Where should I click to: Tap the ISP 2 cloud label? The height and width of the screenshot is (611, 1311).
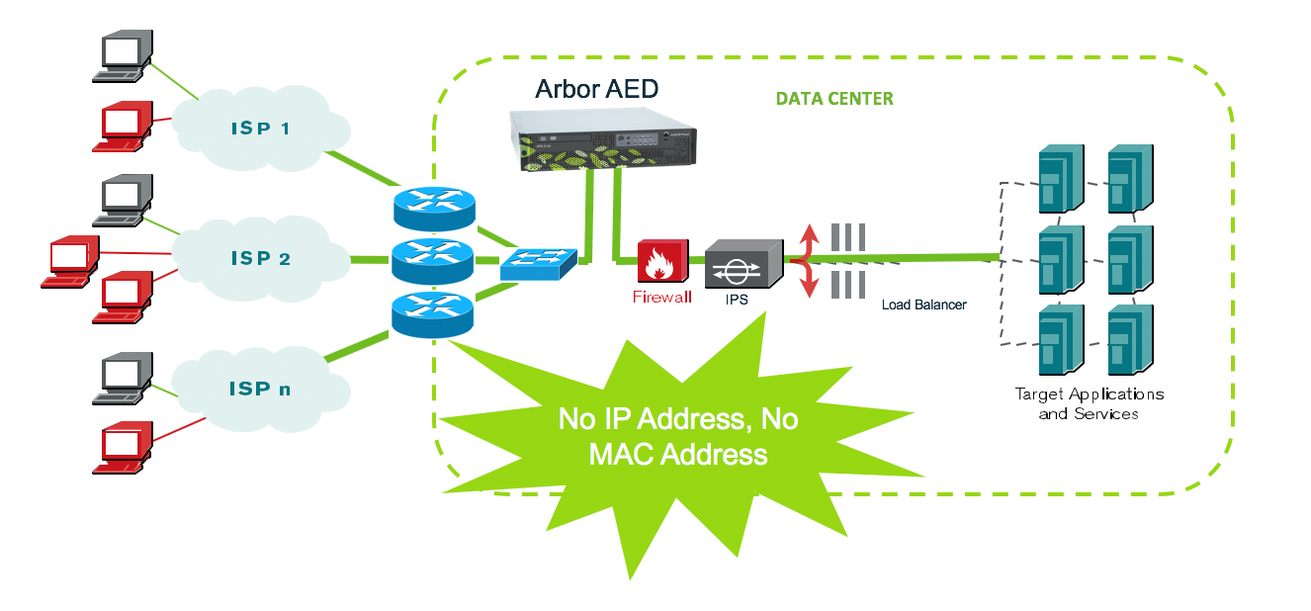click(261, 258)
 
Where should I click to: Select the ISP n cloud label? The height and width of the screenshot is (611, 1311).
click(260, 389)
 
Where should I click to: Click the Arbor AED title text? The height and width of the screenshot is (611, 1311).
click(596, 88)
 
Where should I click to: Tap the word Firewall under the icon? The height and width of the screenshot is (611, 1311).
click(662, 297)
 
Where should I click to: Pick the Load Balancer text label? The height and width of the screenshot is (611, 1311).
click(923, 305)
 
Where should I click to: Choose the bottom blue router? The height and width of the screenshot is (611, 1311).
click(433, 313)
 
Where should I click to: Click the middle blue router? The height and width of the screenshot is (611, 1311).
click(433, 260)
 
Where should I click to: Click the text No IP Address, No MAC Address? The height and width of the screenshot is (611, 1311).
click(678, 436)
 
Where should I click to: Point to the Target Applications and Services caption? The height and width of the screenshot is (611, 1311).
click(1089, 403)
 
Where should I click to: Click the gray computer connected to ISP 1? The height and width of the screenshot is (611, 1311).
click(125, 56)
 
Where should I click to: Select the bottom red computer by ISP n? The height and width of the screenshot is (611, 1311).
click(125, 448)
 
